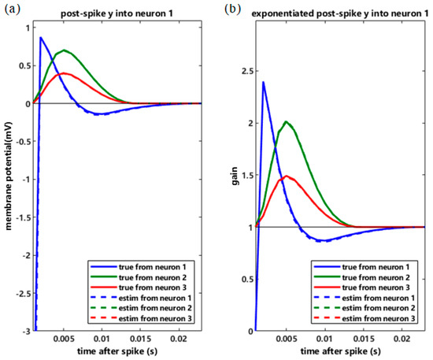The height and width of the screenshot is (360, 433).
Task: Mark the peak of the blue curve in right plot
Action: click(x=263, y=82)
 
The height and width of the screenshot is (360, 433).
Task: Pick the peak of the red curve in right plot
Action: click(x=287, y=176)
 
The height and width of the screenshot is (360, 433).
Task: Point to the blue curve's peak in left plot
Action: click(x=40, y=38)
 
